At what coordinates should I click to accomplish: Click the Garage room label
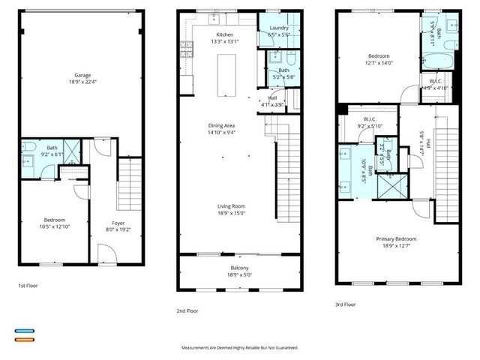[82, 75]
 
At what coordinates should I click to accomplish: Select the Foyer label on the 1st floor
[118, 223]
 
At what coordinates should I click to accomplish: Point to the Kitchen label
[225, 34]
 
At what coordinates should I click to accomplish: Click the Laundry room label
[279, 28]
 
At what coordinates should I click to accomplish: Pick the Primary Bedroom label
[396, 238]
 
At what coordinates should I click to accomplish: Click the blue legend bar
[25, 330]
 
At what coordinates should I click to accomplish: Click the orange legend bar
[25, 340]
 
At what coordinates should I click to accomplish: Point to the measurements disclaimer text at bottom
[240, 348]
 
